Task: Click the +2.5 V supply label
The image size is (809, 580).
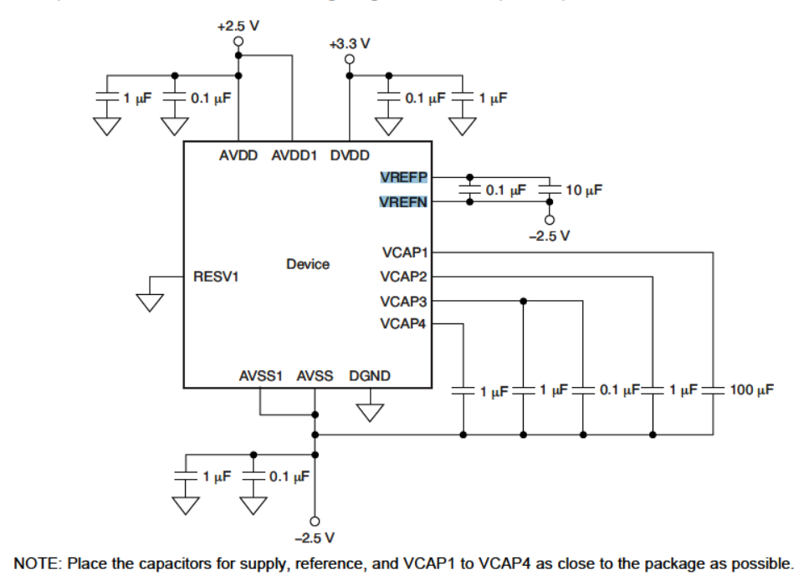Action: click(x=238, y=26)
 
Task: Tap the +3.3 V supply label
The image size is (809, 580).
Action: click(x=349, y=43)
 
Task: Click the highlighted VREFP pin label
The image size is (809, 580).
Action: click(x=404, y=176)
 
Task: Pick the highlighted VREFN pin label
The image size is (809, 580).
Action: click(x=404, y=201)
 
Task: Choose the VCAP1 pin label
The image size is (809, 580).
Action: click(x=403, y=250)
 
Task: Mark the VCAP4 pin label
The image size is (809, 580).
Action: click(x=403, y=322)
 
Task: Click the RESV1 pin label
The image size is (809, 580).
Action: click(x=216, y=276)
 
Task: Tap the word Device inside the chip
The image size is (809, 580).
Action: click(x=307, y=264)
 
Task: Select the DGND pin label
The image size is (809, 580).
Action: click(x=369, y=376)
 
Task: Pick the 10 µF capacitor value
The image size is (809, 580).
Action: click(x=584, y=191)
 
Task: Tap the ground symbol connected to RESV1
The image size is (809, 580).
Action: click(x=150, y=299)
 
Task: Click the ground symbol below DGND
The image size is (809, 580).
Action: click(x=369, y=412)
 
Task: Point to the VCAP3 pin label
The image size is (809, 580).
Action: click(x=403, y=298)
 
